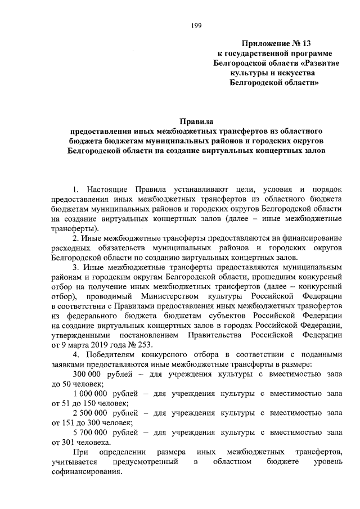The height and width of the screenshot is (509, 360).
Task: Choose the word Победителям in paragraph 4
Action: tap(111, 355)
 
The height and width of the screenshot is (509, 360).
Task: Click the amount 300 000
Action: tap(91, 375)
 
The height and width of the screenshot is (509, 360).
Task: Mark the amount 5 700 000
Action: tap(94, 433)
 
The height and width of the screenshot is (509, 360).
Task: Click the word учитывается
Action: tap(74, 462)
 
